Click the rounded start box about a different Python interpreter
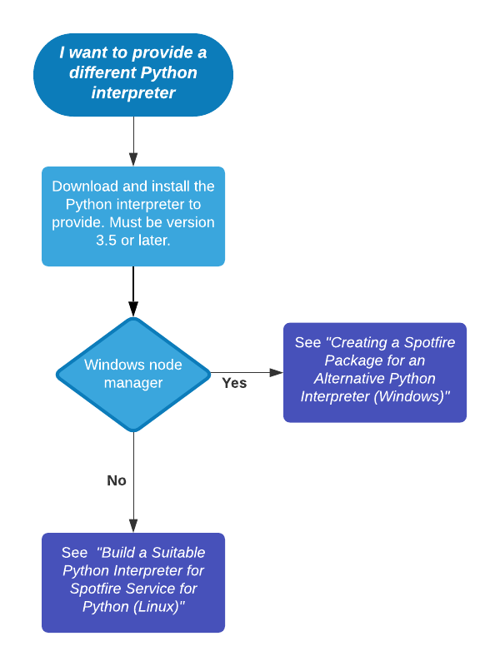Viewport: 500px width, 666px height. click(x=133, y=74)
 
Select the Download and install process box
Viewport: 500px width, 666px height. click(x=133, y=216)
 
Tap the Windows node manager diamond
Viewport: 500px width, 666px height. click(x=133, y=374)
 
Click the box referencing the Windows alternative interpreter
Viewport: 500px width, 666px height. click(x=374, y=372)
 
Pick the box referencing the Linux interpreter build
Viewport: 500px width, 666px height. click(x=133, y=582)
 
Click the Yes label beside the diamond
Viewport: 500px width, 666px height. click(x=234, y=384)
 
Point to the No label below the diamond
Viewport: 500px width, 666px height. click(x=117, y=480)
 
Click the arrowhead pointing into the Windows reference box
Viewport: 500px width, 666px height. click(x=277, y=372)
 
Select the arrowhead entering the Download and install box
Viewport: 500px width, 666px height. click(x=133, y=160)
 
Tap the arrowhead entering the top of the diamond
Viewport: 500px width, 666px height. click(x=133, y=311)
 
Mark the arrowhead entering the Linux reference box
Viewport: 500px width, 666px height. click(x=133, y=526)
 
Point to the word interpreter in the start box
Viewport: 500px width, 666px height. click(x=133, y=92)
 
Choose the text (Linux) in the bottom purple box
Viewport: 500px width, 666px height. click(x=157, y=607)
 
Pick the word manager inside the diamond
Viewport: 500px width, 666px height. click(x=133, y=383)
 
